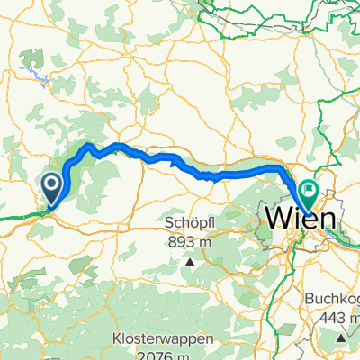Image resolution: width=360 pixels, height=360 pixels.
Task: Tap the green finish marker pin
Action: click(309, 191)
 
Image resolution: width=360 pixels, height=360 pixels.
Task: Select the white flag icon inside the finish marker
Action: click(309, 190)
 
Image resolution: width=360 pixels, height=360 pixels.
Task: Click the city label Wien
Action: click(301, 218)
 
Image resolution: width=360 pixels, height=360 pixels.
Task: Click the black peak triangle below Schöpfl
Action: click(191, 263)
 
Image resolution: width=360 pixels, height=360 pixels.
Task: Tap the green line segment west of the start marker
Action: click(18, 216)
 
